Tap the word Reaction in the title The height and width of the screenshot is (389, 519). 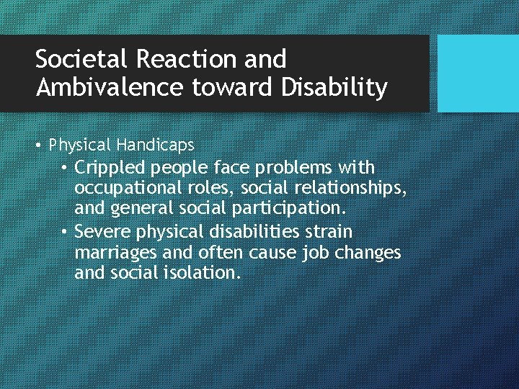click(x=182, y=58)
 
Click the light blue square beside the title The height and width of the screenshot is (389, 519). click(x=478, y=73)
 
